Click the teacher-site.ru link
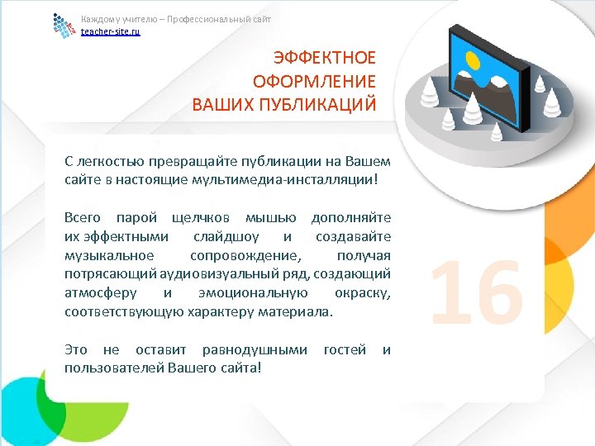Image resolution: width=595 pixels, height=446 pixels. point(110,31)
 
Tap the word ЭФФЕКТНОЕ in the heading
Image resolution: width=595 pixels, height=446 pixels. point(325,57)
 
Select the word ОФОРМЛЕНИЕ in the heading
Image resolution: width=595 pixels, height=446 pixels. point(317,81)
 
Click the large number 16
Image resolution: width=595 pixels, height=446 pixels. point(477,289)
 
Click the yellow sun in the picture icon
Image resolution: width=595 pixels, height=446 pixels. point(474,60)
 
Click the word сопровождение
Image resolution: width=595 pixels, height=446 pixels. point(246,255)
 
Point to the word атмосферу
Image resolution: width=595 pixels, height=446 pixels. point(99,293)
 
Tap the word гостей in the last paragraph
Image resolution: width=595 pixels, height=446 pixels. point(345,350)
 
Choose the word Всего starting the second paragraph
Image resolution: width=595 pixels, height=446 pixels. point(83,217)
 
